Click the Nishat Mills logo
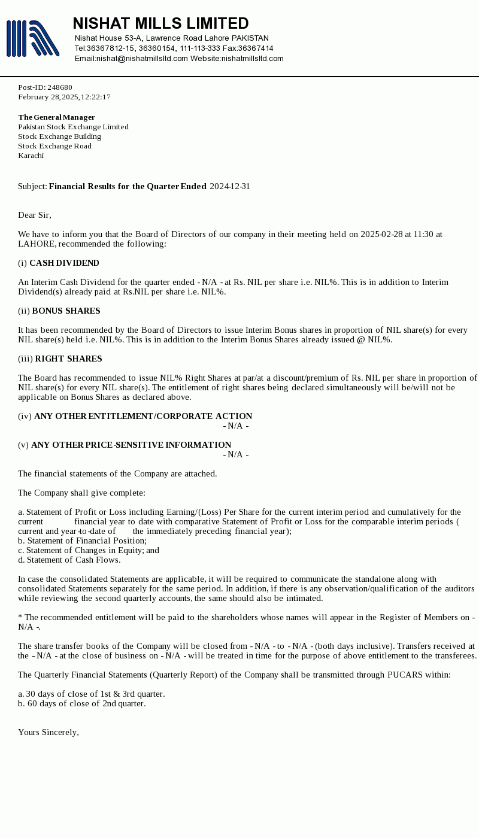pyautogui.click(x=32, y=38)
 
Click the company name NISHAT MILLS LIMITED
pyautogui.click(x=160, y=23)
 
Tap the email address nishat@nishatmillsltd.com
pyautogui.click(x=142, y=59)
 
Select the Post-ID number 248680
pyautogui.click(x=59, y=87)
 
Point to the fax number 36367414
pyautogui.click(x=256, y=48)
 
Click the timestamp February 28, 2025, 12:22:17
pyautogui.click(x=64, y=97)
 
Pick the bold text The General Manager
pyautogui.click(x=56, y=117)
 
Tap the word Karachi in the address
pyautogui.click(x=31, y=156)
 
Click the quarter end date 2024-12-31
pyautogui.click(x=229, y=186)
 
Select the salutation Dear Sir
pyautogui.click(x=35, y=215)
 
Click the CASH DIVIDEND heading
pyautogui.click(x=64, y=263)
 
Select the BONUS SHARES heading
pyautogui.click(x=66, y=311)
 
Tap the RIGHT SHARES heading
pyautogui.click(x=68, y=359)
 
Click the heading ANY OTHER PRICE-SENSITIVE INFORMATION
pyautogui.click(x=131, y=445)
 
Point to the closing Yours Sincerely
pyautogui.click(x=48, y=732)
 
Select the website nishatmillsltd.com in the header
pyautogui.click(x=252, y=59)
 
